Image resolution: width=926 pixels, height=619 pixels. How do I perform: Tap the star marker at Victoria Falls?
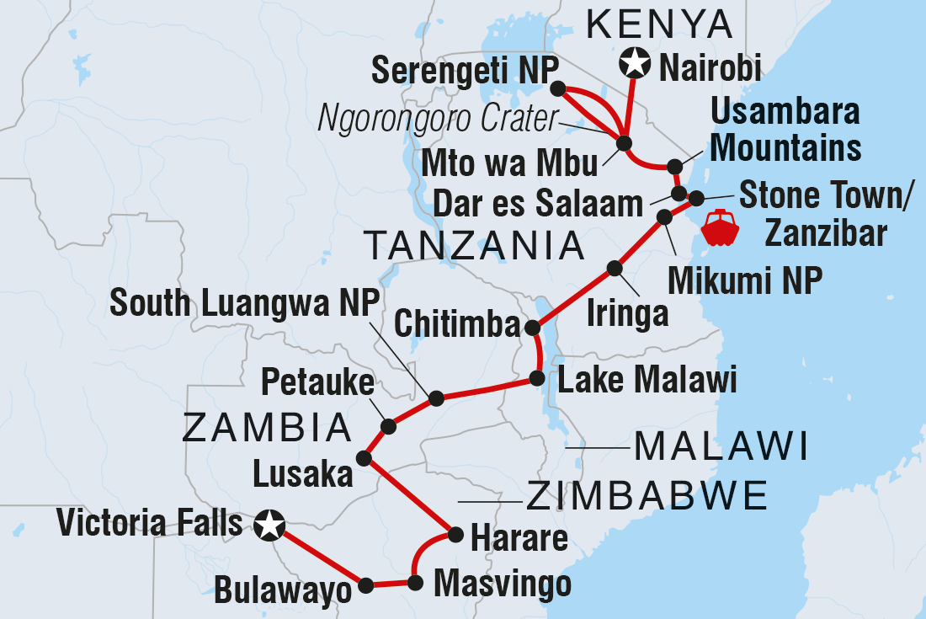(x=269, y=526)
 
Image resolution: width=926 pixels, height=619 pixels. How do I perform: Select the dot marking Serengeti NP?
(x=556, y=88)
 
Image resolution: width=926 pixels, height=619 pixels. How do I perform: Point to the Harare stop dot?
(x=455, y=534)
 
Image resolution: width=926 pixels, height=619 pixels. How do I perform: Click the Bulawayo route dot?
(x=365, y=584)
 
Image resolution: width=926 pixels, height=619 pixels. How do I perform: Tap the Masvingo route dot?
(x=414, y=582)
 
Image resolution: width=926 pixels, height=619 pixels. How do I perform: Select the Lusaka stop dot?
(x=364, y=459)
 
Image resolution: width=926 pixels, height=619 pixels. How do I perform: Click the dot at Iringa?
(x=615, y=269)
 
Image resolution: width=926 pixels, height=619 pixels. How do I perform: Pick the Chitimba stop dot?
(x=532, y=328)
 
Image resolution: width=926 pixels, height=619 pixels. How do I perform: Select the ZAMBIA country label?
(x=267, y=428)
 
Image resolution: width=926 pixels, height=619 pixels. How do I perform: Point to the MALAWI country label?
(x=721, y=446)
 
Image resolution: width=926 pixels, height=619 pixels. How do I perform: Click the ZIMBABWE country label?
(x=647, y=496)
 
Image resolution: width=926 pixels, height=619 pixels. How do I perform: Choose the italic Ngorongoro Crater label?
(x=438, y=120)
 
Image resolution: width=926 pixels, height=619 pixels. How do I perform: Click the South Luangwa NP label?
(x=244, y=304)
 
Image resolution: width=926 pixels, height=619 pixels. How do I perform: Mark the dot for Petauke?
(x=388, y=427)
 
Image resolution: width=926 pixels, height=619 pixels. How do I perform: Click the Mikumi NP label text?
(x=744, y=281)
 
